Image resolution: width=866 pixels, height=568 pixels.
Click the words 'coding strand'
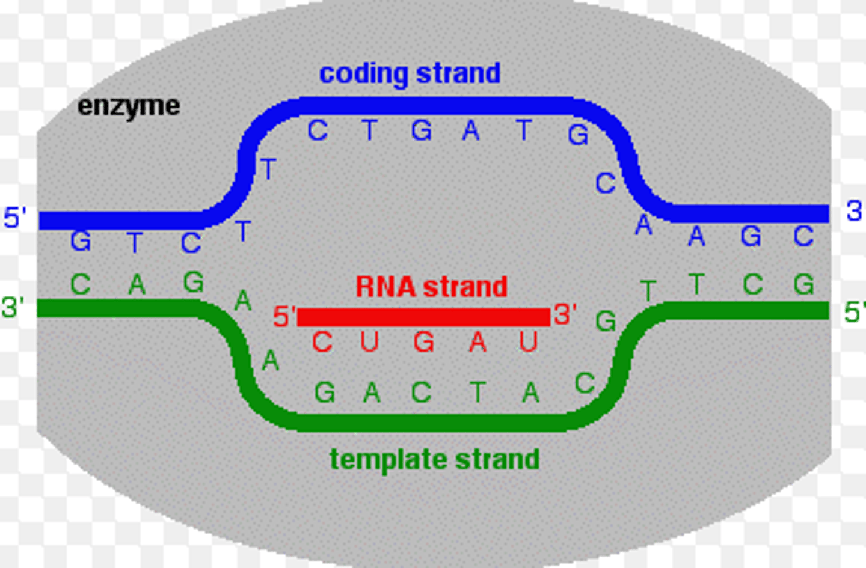click(x=410, y=74)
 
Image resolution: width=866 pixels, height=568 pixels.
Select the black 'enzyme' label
click(x=129, y=106)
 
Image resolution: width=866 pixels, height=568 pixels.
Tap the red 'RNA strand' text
click(x=431, y=287)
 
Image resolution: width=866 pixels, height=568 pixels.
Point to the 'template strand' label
click(x=434, y=460)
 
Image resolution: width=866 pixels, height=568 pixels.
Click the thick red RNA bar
click(x=423, y=317)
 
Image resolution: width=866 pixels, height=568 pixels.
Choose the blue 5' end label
click(x=15, y=218)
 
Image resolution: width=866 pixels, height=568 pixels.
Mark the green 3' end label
click(x=13, y=308)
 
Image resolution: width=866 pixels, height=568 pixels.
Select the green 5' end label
click(x=854, y=312)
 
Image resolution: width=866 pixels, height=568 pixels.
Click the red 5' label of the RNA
click(x=284, y=317)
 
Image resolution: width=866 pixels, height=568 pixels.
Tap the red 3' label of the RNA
click(x=565, y=314)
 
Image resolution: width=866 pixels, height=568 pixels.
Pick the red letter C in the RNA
click(x=322, y=343)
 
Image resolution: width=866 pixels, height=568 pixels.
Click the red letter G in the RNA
click(x=424, y=343)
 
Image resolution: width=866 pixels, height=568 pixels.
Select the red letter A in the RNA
click(x=478, y=343)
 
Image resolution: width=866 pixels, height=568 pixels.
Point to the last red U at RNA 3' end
click(x=528, y=342)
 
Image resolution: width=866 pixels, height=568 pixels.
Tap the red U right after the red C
click(x=369, y=342)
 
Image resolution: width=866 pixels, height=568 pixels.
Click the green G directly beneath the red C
click(x=325, y=393)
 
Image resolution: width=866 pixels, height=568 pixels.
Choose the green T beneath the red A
click(x=478, y=393)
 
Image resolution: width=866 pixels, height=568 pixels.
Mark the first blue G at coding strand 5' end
click(x=81, y=242)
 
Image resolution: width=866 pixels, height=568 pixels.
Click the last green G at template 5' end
click(x=803, y=284)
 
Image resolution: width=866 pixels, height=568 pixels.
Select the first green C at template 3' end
click(x=81, y=284)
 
